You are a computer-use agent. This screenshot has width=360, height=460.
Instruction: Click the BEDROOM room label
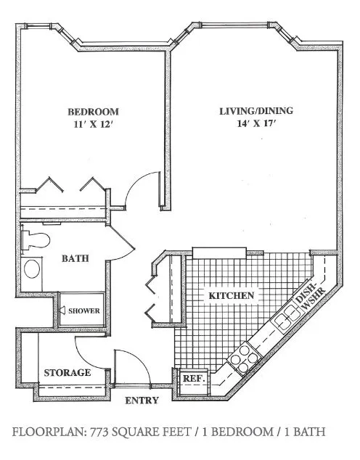pyautogui.click(x=94, y=112)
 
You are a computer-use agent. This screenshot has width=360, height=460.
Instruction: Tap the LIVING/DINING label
pyautogui.click(x=256, y=111)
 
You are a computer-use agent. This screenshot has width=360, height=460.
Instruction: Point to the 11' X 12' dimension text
pyautogui.click(x=94, y=125)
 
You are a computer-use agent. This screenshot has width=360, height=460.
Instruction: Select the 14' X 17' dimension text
pyautogui.click(x=257, y=123)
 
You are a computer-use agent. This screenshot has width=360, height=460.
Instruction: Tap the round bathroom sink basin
pyautogui.click(x=32, y=268)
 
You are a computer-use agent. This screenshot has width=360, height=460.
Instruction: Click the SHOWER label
pyautogui.click(x=84, y=311)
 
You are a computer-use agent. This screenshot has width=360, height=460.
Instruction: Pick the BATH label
pyautogui.click(x=75, y=258)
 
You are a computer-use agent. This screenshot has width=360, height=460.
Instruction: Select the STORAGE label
pyautogui.click(x=67, y=373)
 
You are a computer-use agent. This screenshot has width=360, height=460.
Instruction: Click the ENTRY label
pyautogui.click(x=142, y=401)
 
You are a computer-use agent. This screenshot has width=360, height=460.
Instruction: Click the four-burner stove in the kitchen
pyautogui.click(x=244, y=358)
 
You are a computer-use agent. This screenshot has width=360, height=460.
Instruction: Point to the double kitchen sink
pyautogui.click(x=287, y=318)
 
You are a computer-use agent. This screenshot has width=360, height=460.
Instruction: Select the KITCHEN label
pyautogui.click(x=232, y=295)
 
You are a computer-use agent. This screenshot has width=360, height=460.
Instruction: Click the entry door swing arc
pyautogui.click(x=139, y=359)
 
